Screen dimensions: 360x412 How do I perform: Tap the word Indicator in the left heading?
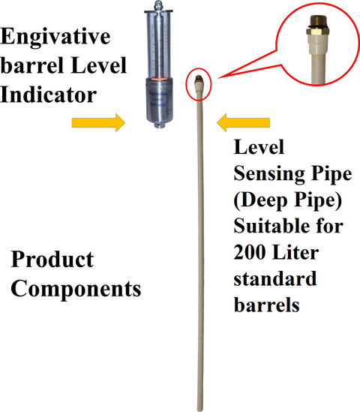[x=49, y=95]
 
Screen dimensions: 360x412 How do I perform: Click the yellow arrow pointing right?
[x=98, y=122]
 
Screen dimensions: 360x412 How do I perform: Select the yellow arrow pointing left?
[x=243, y=122]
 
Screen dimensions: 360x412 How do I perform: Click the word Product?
[x=52, y=260]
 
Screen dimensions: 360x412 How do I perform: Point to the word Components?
[x=76, y=288]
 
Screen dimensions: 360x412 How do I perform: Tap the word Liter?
[x=295, y=252]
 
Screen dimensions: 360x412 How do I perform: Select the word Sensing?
[x=269, y=174]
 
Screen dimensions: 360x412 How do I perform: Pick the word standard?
[x=275, y=278]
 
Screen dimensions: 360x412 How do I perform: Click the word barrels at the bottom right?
[x=266, y=305]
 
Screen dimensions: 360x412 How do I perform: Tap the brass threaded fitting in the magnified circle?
[x=316, y=26]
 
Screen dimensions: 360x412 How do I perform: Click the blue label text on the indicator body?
[x=158, y=99]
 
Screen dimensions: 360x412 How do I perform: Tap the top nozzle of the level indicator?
[x=158, y=5]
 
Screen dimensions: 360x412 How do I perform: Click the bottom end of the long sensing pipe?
[x=200, y=410]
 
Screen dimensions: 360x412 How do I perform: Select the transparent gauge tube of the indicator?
[x=158, y=45]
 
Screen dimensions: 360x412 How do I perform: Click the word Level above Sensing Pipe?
[x=259, y=147]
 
